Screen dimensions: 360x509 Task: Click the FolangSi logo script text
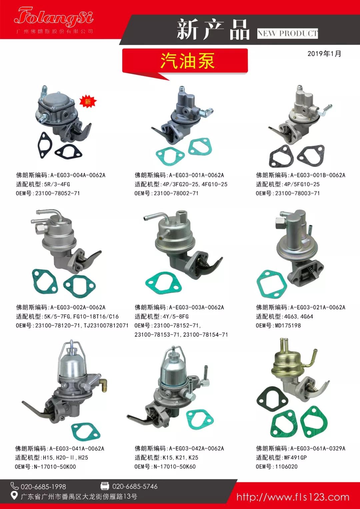[54, 17]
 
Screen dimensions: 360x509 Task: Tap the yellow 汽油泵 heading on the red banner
[187, 61]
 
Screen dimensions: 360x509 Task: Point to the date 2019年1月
[324, 54]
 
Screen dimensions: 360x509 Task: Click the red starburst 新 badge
[88, 102]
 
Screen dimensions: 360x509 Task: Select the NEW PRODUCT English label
[287, 34]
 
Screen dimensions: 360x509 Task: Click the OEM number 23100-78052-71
[57, 193]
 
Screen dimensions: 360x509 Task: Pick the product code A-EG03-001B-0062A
[318, 175]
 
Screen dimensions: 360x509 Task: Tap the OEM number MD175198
[288, 326]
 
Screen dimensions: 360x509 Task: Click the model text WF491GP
[295, 457]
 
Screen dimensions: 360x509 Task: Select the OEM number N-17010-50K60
[175, 467]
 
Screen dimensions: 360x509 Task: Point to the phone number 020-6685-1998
[43, 487]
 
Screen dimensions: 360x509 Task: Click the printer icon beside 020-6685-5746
[105, 486]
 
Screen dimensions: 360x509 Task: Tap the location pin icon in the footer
[14, 496]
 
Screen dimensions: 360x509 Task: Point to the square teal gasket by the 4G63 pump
[270, 284]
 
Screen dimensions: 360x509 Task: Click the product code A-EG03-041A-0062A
[77, 449]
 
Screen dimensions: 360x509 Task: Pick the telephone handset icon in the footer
[14, 486]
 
